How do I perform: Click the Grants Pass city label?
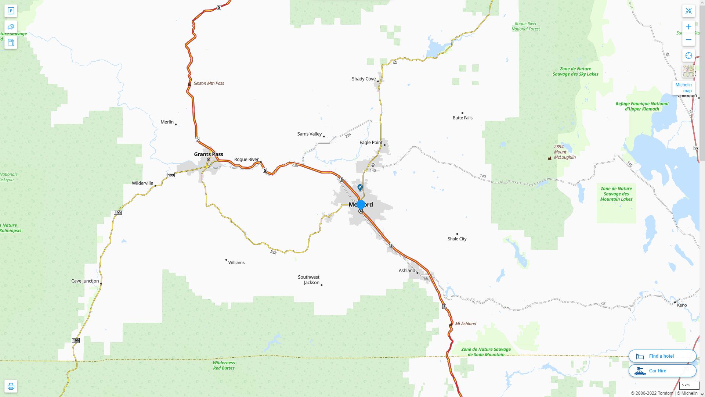[208, 154]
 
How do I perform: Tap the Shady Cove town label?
[364, 79]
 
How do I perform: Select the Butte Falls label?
[462, 118]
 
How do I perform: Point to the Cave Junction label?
[85, 281]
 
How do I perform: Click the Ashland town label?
[407, 271]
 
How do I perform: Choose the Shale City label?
[457, 239]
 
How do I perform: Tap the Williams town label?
[236, 262]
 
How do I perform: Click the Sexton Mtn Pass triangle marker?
[189, 84]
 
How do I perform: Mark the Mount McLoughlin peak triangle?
[549, 158]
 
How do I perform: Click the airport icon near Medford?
[360, 187]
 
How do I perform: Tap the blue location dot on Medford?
[361, 204]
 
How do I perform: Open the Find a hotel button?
[662, 356]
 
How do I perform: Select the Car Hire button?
[662, 371]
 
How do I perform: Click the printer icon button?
[11, 386]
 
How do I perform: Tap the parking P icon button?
[11, 11]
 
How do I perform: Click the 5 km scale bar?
[688, 385]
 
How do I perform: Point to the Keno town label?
[681, 305]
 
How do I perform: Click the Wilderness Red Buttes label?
[224, 365]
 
